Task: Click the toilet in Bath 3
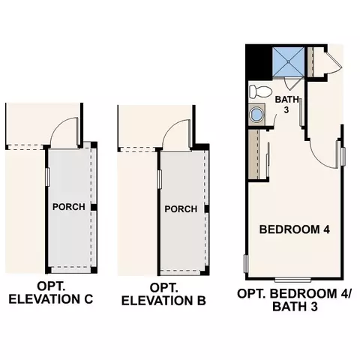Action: coord(260,91)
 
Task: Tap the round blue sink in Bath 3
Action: coord(256,115)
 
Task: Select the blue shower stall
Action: coord(288,61)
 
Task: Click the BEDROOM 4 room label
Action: coord(295,229)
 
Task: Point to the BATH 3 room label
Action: coord(286,104)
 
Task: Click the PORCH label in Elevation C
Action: coord(69,207)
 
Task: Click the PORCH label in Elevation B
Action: coord(181,209)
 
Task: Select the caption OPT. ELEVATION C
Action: coord(51,293)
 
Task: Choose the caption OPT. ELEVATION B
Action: coord(163,295)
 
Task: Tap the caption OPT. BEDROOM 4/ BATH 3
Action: coord(294,300)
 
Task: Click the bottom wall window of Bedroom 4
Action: coord(292,280)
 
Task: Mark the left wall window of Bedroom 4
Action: coord(246,264)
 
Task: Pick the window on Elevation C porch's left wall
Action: coord(47,177)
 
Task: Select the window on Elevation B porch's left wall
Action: coord(160,179)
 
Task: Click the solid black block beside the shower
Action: coord(259,62)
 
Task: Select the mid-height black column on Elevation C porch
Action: coord(94,207)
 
